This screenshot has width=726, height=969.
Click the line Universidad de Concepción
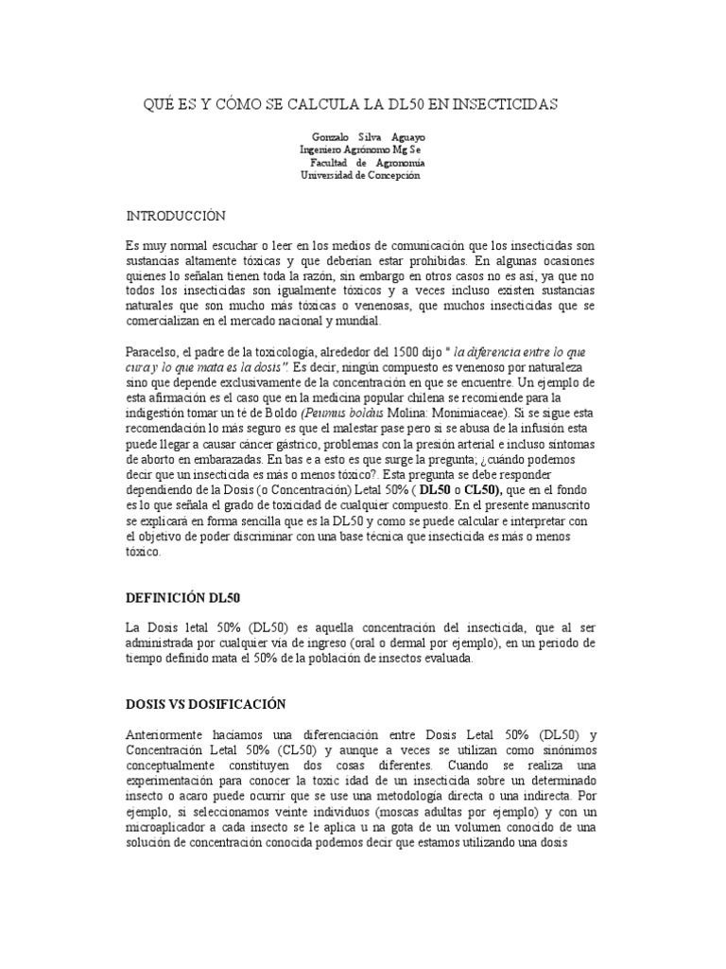[x=359, y=175]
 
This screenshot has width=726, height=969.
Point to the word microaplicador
[x=172, y=827]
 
